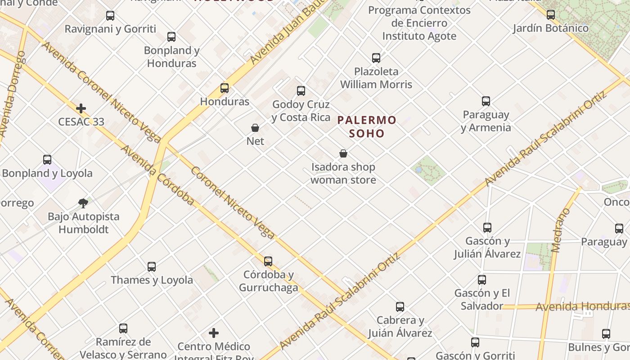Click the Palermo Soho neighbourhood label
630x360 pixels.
(x=367, y=126)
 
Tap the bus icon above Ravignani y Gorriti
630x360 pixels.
(x=110, y=16)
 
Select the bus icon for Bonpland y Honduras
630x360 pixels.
(x=171, y=37)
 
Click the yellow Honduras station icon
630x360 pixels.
(x=225, y=88)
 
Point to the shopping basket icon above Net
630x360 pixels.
(x=255, y=128)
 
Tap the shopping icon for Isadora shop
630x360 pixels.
(x=343, y=153)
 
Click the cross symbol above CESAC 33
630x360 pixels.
(x=81, y=108)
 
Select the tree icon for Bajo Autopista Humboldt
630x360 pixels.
(x=83, y=203)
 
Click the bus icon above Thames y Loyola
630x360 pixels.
(x=152, y=267)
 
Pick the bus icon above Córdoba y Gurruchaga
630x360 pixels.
(x=268, y=261)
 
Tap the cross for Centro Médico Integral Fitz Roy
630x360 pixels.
(x=214, y=333)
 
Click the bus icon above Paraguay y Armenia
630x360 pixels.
(x=486, y=101)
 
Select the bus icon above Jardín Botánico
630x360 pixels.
(x=551, y=15)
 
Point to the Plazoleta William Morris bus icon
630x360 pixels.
(x=376, y=58)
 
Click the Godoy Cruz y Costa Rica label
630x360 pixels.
(x=301, y=111)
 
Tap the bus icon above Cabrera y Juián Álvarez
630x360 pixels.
(x=400, y=307)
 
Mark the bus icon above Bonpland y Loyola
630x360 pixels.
(x=47, y=160)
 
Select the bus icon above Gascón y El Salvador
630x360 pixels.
(x=482, y=280)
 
